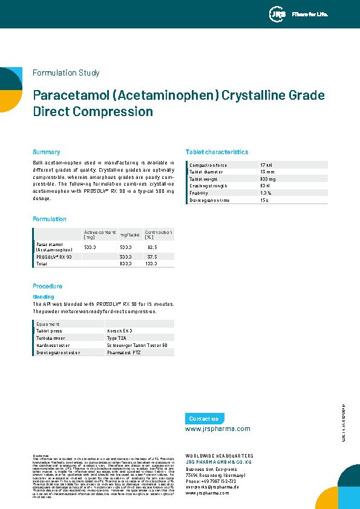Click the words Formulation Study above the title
[x=66, y=73]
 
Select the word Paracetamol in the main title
[x=71, y=96]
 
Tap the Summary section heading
[x=46, y=152]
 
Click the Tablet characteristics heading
[x=217, y=152]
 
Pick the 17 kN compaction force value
[x=266, y=165]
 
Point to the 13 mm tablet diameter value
[x=267, y=172]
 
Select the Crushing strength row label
[x=209, y=186]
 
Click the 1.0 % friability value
[x=266, y=192]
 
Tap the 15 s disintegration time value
[x=264, y=199]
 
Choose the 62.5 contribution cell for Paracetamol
[x=152, y=247]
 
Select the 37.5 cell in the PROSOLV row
[x=152, y=257]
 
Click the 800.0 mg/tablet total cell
[x=126, y=264]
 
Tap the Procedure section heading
[x=47, y=286]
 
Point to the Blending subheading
[x=43, y=297]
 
